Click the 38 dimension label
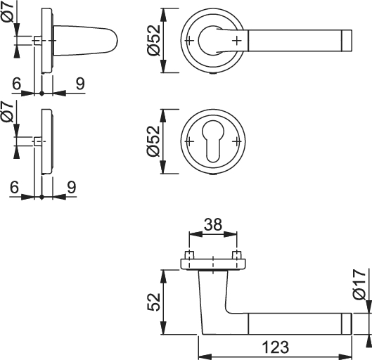213,224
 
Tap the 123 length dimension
276,347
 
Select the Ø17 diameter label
359,285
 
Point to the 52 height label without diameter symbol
154,302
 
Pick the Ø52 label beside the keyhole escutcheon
154,141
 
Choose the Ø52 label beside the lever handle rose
154,40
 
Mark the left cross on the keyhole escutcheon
189,141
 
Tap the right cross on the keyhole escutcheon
236,141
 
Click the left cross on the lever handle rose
189,41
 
